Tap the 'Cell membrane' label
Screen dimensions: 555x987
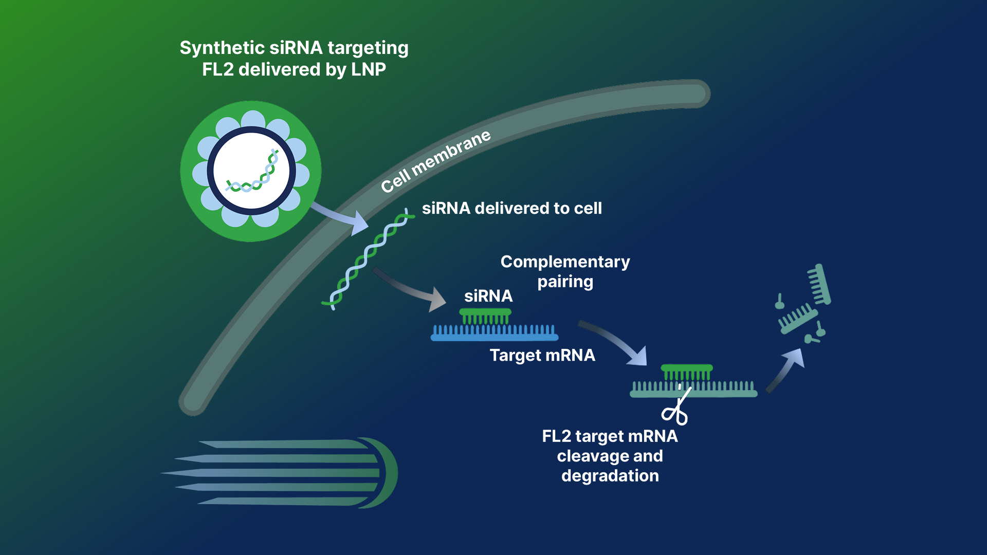(435, 161)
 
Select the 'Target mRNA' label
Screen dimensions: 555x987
(542, 355)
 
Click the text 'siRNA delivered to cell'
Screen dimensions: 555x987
(511, 208)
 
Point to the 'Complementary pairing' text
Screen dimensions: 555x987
(565, 271)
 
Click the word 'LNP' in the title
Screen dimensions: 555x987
(368, 69)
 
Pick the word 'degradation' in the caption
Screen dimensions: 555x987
(610, 475)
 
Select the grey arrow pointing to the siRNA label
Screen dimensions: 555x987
(411, 290)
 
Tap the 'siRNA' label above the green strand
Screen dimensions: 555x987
(488, 296)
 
